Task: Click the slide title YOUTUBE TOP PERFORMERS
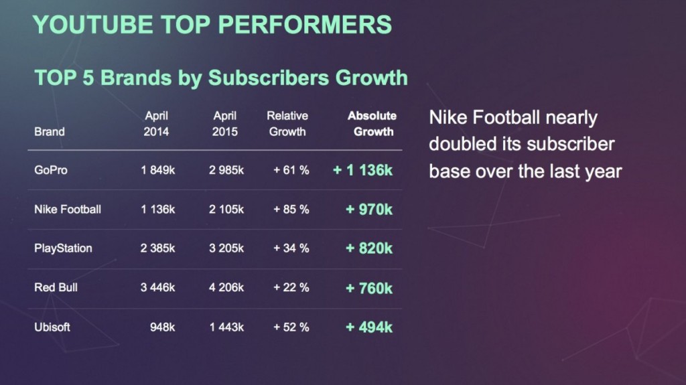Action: (212, 25)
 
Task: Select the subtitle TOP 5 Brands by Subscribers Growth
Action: (221, 78)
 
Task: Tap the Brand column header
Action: (50, 132)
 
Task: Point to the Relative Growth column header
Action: (287, 124)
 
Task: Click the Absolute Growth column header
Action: (372, 124)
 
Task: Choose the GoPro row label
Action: (51, 170)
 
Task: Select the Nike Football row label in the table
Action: (68, 210)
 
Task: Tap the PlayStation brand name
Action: (63, 248)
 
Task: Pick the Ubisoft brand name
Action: (52, 327)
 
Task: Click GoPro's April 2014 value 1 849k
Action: (158, 170)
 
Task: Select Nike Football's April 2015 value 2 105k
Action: (226, 210)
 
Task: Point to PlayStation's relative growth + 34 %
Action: (291, 248)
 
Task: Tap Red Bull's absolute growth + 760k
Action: (369, 288)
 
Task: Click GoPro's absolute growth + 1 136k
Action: (362, 170)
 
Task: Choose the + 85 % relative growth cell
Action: (291, 210)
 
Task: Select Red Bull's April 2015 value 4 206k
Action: (226, 288)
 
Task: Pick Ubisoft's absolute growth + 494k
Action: (369, 327)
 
